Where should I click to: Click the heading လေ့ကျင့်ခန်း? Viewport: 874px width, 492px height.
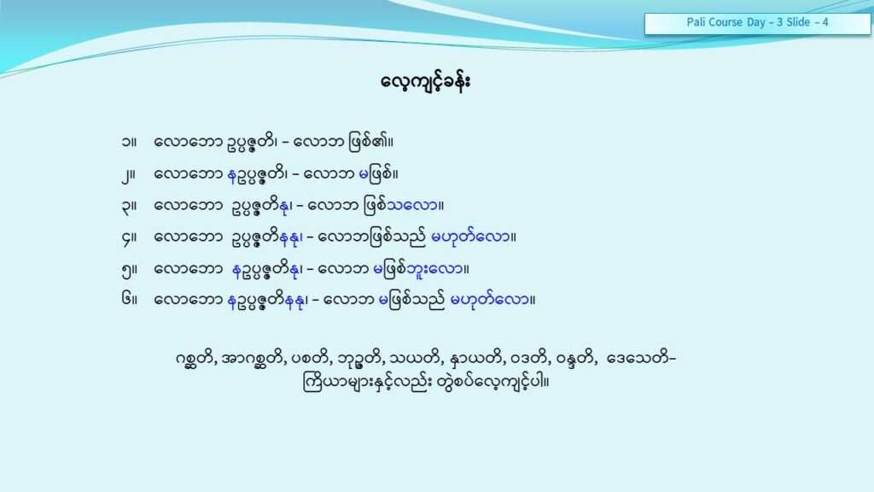[x=426, y=82]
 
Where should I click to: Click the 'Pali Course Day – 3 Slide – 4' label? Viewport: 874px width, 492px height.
[x=757, y=22]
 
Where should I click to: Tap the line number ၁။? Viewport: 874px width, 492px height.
[x=129, y=142]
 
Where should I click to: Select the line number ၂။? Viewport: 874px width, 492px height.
[x=129, y=175]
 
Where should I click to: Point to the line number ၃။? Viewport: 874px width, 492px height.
[x=129, y=207]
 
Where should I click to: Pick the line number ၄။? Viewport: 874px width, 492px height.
[x=129, y=238]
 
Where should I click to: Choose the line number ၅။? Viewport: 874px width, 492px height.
[x=129, y=270]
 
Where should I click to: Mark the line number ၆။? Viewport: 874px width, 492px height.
[x=129, y=300]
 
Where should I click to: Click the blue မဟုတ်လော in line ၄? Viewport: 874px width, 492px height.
[x=471, y=237]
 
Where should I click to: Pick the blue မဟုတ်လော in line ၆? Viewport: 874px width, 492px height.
[x=490, y=300]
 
